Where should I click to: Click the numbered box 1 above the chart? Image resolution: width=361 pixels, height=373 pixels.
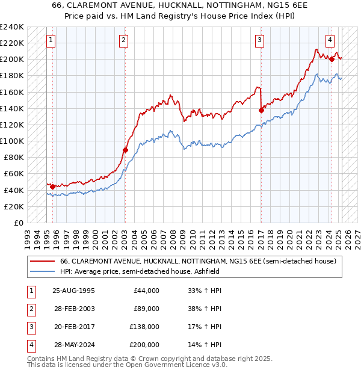click(51, 41)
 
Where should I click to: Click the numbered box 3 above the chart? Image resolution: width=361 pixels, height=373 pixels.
click(259, 41)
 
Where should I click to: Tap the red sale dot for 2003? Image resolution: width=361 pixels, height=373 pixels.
click(125, 150)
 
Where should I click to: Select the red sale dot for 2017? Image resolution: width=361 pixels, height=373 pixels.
click(261, 110)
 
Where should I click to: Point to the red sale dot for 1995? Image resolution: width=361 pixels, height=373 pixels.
click(52, 186)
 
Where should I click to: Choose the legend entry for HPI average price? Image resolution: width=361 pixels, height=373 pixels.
click(140, 271)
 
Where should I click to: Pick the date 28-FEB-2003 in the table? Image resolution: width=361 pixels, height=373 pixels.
click(73, 309)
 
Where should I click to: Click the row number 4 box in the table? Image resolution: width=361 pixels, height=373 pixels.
click(31, 345)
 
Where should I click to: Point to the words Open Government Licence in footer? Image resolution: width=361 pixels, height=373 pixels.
click(175, 365)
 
